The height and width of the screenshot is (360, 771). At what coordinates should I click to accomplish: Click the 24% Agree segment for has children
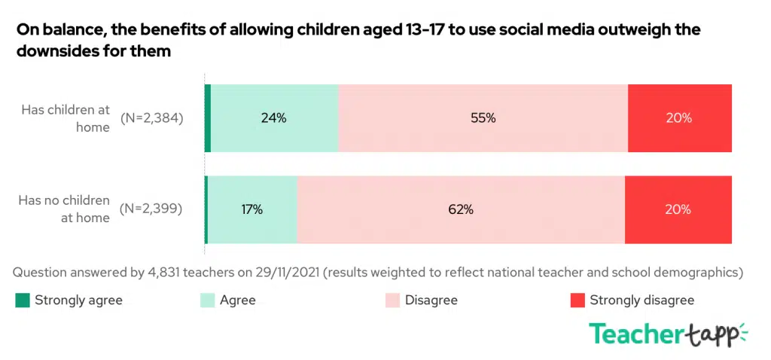[274, 118]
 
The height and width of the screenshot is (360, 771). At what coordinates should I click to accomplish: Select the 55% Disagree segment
[483, 118]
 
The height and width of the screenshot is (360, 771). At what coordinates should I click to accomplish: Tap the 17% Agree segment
[252, 210]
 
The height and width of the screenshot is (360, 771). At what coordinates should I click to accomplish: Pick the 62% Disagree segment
[461, 210]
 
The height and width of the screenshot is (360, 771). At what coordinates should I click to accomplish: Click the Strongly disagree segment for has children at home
[679, 118]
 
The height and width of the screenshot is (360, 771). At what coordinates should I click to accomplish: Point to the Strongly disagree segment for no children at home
[678, 210]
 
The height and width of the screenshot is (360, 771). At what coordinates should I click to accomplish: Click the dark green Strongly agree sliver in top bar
[208, 118]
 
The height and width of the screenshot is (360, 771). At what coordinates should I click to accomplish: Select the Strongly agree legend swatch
[23, 301]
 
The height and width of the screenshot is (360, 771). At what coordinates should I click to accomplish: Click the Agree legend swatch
[207, 301]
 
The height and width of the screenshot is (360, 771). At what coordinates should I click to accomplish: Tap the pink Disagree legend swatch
[392, 301]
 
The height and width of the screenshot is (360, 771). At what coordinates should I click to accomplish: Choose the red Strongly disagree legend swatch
[577, 301]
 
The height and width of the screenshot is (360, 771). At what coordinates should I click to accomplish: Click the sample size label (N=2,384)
[152, 118]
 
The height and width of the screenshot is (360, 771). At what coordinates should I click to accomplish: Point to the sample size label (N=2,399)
[152, 209]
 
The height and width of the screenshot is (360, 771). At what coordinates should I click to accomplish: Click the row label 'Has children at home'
[66, 118]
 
